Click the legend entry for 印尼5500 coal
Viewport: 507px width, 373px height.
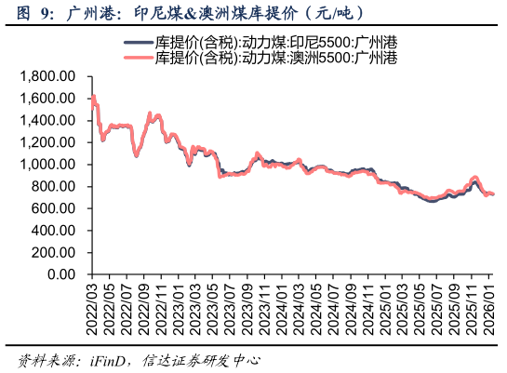click(276, 43)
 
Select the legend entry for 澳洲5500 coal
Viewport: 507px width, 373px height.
click(276, 58)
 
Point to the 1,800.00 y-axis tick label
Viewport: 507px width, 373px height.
click(47, 76)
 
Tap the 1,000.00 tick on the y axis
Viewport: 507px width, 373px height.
click(47, 165)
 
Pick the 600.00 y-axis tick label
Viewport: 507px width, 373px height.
click(53, 209)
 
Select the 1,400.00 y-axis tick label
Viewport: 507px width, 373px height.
click(47, 121)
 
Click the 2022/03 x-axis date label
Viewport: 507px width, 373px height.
click(91, 310)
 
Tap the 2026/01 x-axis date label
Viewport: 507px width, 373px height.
click(490, 310)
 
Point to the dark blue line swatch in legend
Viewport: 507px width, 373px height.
click(139, 43)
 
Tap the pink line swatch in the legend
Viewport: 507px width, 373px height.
click(139, 58)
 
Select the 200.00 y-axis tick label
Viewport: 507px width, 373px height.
click(53, 253)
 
